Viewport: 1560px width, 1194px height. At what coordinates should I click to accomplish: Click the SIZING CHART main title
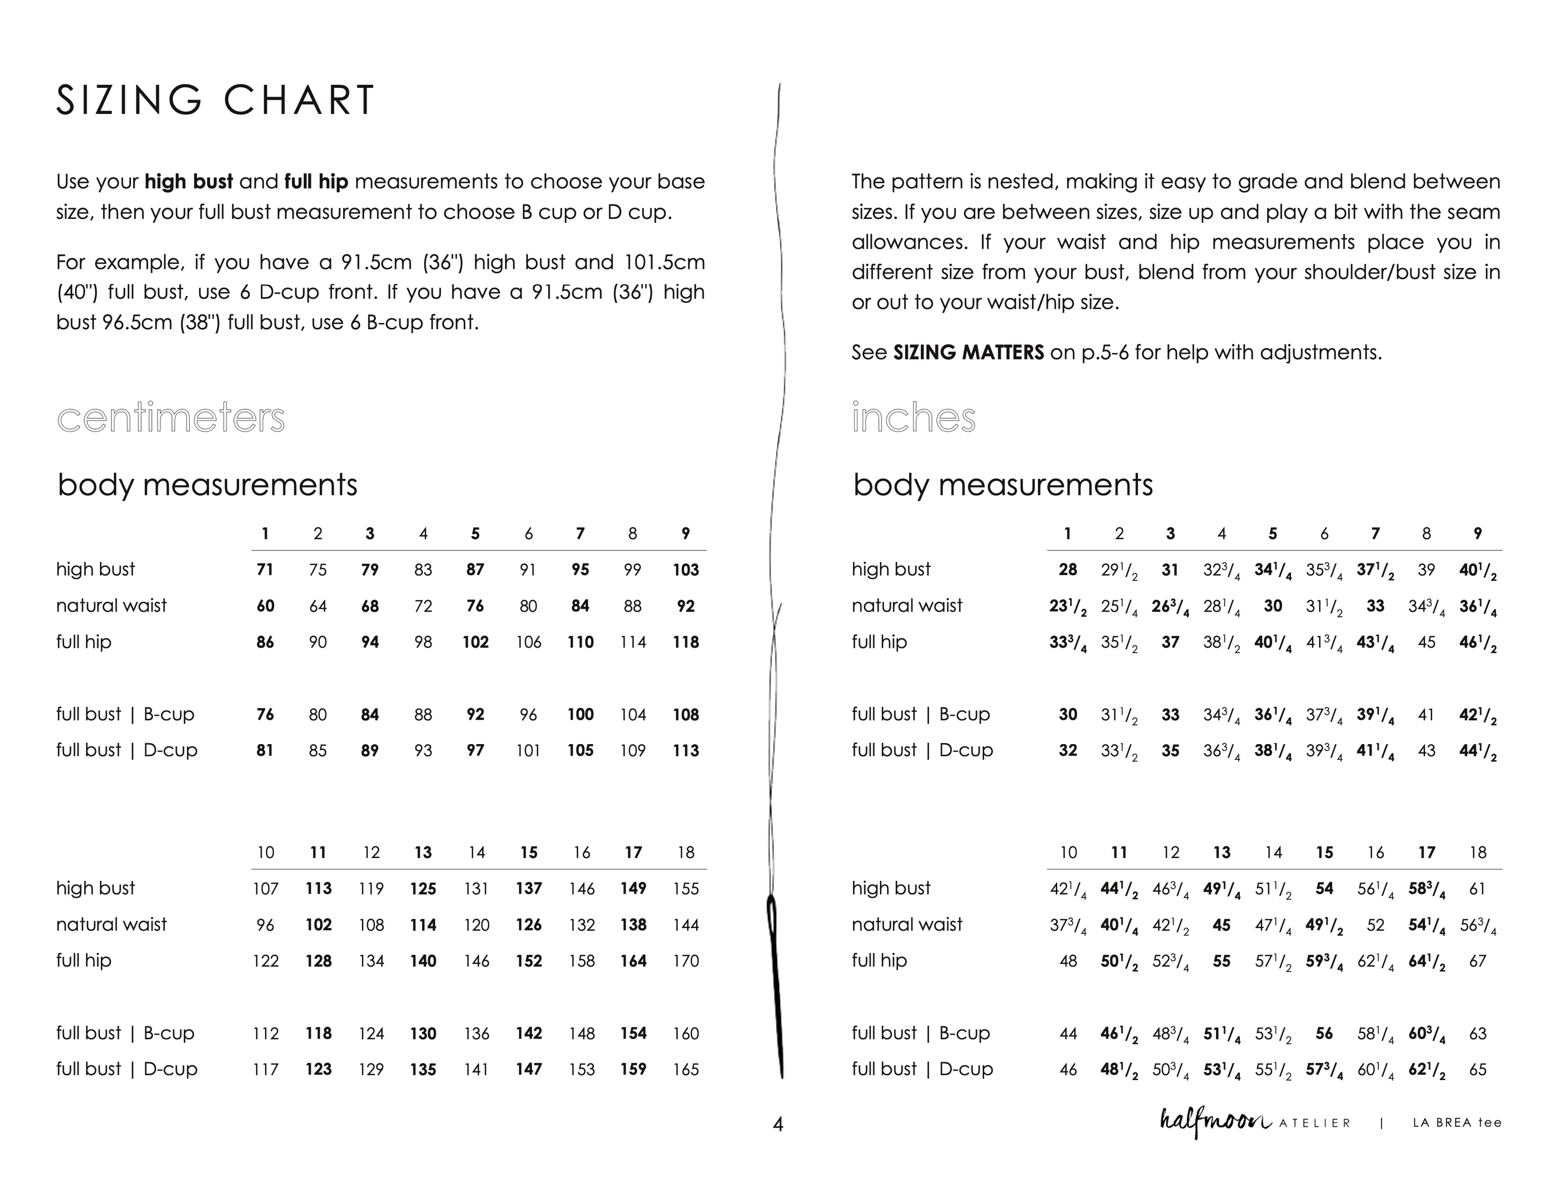[215, 100]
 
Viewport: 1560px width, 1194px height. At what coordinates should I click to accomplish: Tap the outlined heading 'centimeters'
[171, 418]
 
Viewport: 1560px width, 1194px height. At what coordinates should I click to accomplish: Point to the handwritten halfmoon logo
[1215, 1122]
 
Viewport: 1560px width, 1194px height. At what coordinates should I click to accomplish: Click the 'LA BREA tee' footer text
[1457, 1123]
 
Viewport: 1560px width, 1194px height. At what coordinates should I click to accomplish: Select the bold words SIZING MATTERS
[968, 353]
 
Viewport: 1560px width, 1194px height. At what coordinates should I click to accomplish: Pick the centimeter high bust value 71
[265, 570]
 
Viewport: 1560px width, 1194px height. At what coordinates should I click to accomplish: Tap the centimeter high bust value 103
[686, 570]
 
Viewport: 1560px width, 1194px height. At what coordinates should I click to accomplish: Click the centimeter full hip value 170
[686, 962]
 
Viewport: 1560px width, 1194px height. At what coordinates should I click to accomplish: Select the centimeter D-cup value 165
[686, 1070]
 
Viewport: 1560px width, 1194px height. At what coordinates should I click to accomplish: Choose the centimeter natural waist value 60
[265, 606]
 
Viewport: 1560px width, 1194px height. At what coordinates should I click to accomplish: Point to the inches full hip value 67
[1477, 962]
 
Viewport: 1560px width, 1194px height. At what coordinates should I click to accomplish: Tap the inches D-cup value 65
[1477, 1070]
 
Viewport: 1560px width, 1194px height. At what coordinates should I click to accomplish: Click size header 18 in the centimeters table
[686, 853]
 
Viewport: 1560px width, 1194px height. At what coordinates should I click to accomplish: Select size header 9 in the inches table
[1477, 534]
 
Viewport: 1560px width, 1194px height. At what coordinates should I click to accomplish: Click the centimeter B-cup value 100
[581, 715]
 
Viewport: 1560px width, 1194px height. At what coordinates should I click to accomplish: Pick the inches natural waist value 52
[1375, 925]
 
